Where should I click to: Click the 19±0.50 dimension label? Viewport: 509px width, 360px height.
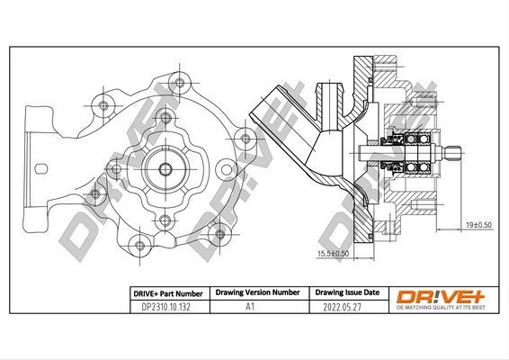click(x=478, y=225)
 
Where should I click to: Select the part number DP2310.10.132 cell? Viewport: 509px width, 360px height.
click(x=165, y=307)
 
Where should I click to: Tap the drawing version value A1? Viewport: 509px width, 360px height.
click(x=250, y=307)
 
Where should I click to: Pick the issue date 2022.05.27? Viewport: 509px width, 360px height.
click(x=342, y=307)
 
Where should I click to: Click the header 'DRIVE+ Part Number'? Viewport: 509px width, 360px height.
click(x=168, y=294)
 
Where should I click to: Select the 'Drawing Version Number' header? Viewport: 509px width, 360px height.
click(x=258, y=292)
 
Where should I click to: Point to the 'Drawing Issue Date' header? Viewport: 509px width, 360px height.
click(x=347, y=292)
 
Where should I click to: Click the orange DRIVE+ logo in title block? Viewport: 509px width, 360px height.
click(x=441, y=296)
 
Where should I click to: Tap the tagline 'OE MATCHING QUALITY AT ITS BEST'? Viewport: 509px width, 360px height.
click(x=441, y=308)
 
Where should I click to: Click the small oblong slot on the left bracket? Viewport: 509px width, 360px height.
click(x=41, y=168)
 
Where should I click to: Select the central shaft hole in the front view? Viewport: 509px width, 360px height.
click(x=165, y=168)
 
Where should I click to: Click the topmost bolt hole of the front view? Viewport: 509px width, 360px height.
click(x=180, y=83)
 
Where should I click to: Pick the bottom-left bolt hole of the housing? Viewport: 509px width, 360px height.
click(x=139, y=246)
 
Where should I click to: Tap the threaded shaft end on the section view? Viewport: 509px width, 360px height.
click(x=452, y=154)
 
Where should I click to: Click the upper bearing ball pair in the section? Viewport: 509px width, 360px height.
click(x=416, y=139)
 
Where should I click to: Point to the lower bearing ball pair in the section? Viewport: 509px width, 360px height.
click(x=416, y=167)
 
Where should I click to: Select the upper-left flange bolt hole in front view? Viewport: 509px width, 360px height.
click(x=103, y=105)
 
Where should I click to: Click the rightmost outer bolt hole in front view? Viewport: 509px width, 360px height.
click(x=246, y=139)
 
